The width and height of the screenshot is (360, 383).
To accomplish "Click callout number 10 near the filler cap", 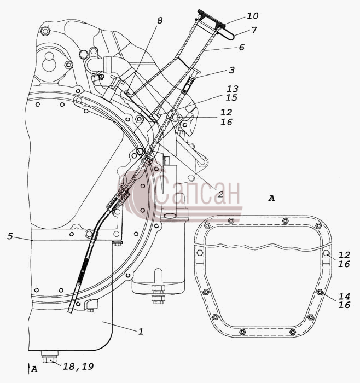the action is pyautogui.click(x=253, y=16).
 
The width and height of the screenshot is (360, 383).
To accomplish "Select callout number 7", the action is pyautogui.click(x=254, y=30).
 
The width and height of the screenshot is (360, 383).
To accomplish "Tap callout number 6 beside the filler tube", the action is pyautogui.click(x=241, y=47).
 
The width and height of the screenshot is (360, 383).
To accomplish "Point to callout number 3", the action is pyautogui.click(x=231, y=70).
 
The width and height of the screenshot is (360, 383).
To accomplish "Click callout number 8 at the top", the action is pyautogui.click(x=160, y=21).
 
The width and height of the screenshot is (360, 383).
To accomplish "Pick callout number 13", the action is pyautogui.click(x=233, y=89).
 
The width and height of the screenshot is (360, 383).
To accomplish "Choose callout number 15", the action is pyautogui.click(x=231, y=97).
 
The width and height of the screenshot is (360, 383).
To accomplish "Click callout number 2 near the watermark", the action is pyautogui.click(x=220, y=194).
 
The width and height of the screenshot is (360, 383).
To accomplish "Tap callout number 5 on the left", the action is pyautogui.click(x=10, y=236).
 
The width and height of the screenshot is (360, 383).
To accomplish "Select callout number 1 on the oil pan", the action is pyautogui.click(x=141, y=332).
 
